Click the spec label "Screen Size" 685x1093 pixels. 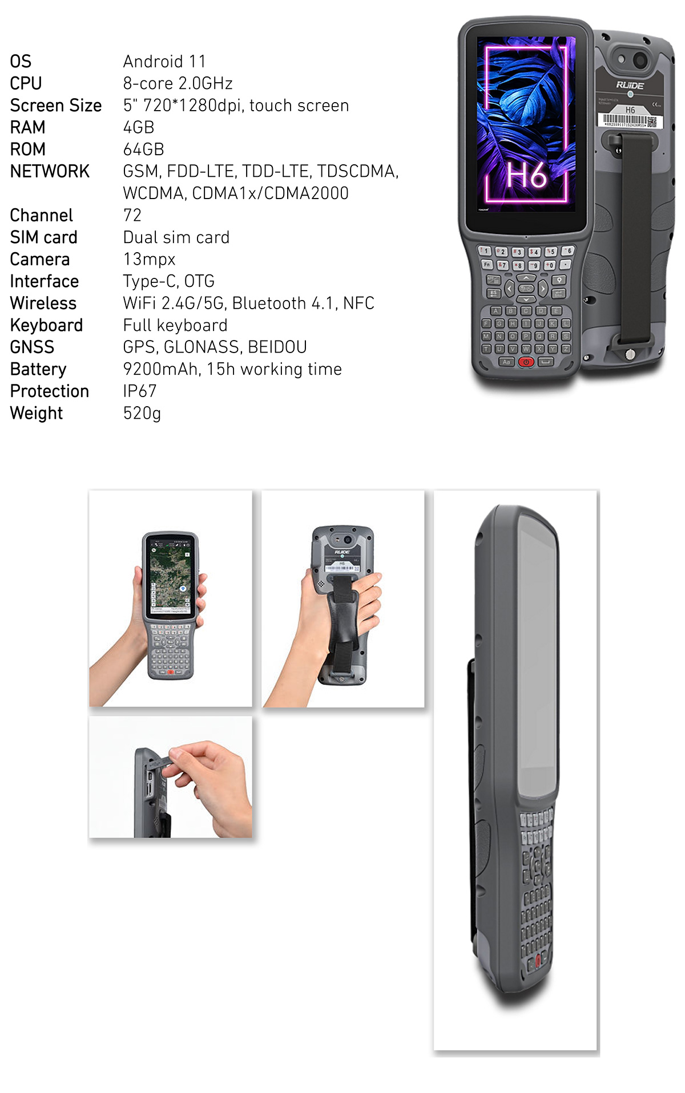click(x=55, y=106)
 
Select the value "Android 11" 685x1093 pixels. click(x=164, y=62)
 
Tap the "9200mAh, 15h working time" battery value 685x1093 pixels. click(x=232, y=369)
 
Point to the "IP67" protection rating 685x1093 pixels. click(x=139, y=391)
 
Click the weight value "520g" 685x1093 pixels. click(x=142, y=413)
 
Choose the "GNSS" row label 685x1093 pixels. click(x=32, y=347)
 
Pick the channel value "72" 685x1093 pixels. click(x=132, y=215)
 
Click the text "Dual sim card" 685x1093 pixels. click(x=176, y=237)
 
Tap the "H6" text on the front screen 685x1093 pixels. click(x=526, y=175)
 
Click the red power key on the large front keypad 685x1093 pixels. click(x=526, y=362)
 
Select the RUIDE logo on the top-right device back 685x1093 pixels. click(x=630, y=86)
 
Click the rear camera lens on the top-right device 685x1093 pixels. click(x=640, y=59)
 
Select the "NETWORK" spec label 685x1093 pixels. click(x=50, y=171)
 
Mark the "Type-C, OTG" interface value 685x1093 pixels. click(x=168, y=281)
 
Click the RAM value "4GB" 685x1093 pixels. click(x=139, y=127)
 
